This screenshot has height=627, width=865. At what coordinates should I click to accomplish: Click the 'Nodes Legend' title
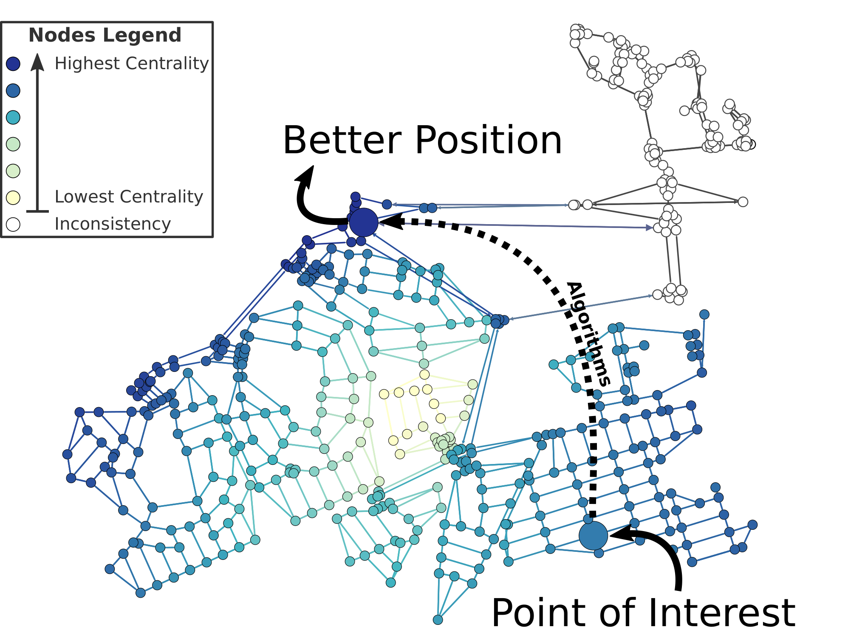pyautogui.click(x=105, y=35)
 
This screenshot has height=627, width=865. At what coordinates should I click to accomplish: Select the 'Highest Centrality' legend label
pyautogui.click(x=132, y=64)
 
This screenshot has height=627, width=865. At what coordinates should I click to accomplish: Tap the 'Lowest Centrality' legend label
pyautogui.click(x=129, y=197)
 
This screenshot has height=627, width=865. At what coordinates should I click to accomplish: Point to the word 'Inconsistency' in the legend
pyautogui.click(x=113, y=224)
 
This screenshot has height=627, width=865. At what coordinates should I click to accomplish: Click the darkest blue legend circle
pyautogui.click(x=13, y=64)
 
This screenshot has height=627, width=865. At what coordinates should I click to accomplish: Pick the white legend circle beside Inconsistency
pyautogui.click(x=13, y=224)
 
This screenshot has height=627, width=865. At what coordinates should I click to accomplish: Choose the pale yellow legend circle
pyautogui.click(x=13, y=197)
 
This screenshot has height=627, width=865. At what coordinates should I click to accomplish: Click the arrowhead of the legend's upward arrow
pyautogui.click(x=38, y=62)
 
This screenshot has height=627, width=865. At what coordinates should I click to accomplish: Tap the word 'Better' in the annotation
pyautogui.click(x=342, y=141)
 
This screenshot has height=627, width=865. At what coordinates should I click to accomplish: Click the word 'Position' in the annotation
pyautogui.click(x=489, y=141)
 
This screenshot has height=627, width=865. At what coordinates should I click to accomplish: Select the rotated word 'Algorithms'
pyautogui.click(x=588, y=334)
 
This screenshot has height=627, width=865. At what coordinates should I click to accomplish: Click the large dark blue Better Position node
pyautogui.click(x=363, y=222)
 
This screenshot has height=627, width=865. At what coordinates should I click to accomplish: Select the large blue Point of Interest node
pyautogui.click(x=593, y=536)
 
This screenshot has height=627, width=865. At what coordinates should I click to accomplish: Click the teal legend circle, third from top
pyautogui.click(x=13, y=117)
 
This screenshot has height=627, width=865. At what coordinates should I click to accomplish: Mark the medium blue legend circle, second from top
pyautogui.click(x=13, y=90)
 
